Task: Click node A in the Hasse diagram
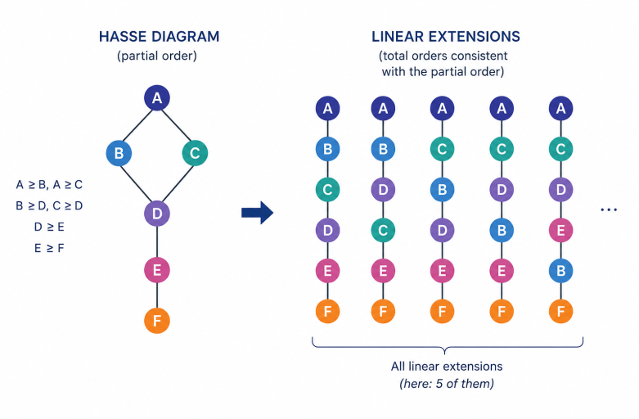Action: click(157, 98)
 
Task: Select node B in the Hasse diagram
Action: click(119, 153)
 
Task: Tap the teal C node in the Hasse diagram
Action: click(195, 153)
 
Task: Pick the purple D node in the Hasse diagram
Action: click(157, 213)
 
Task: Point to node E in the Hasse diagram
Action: click(157, 270)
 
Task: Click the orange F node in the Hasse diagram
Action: click(157, 321)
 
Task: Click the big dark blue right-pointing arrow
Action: click(257, 212)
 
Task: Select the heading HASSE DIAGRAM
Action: click(159, 37)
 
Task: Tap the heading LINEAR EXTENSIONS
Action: click(445, 37)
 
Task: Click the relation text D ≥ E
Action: click(49, 227)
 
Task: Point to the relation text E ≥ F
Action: click(49, 248)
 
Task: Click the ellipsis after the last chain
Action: click(609, 209)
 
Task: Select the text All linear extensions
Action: click(447, 366)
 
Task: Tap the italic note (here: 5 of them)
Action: click(447, 384)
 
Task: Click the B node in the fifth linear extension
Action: click(560, 271)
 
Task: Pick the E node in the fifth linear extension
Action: click(560, 230)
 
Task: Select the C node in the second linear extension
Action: click(383, 230)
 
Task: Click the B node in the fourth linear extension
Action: click(502, 230)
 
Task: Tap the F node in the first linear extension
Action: click(327, 312)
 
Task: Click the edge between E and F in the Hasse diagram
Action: click(157, 295)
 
